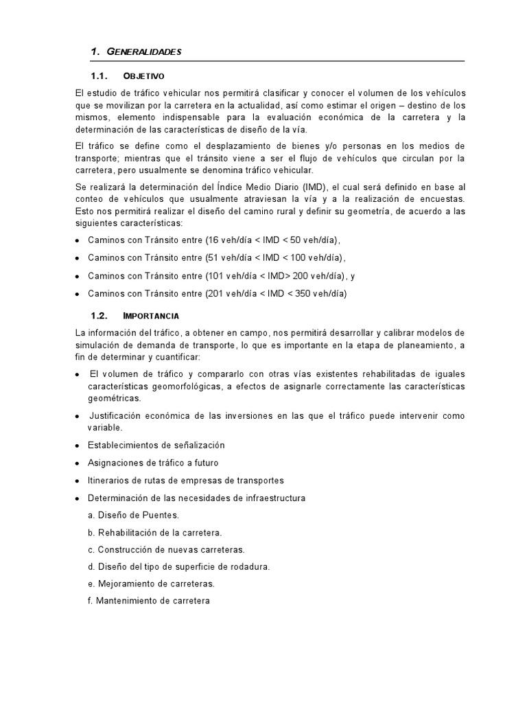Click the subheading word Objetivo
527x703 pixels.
click(144, 76)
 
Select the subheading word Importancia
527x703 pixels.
click(151, 316)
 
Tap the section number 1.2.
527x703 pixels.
click(100, 316)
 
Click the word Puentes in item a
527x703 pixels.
click(163, 515)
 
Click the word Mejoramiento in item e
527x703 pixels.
click(128, 584)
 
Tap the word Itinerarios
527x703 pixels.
click(110, 480)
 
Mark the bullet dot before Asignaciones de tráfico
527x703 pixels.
click(78, 463)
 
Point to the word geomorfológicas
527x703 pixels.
click(176, 387)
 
